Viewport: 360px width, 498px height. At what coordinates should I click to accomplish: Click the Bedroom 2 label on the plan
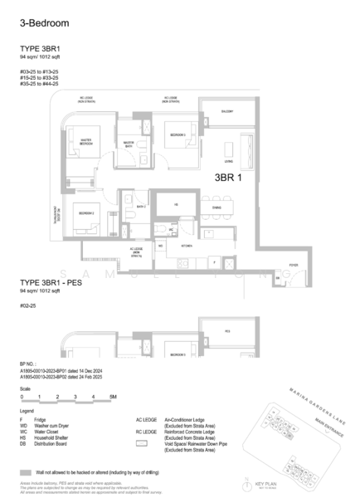[86, 213]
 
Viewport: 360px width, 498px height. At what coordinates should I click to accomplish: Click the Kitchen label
[186, 247]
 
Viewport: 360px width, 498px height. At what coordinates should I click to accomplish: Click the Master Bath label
[129, 144]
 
